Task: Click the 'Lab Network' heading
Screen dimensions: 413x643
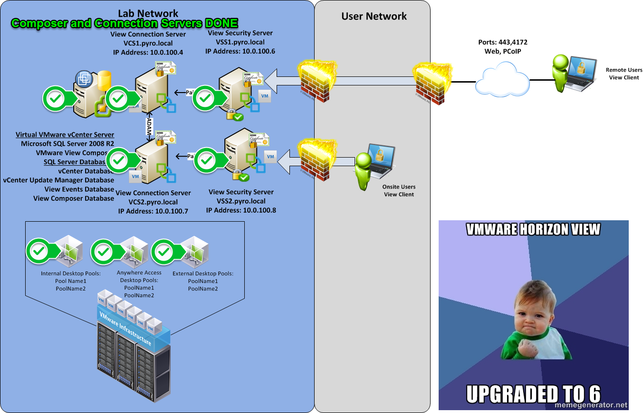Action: (x=148, y=14)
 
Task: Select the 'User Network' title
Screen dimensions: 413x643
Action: (x=374, y=17)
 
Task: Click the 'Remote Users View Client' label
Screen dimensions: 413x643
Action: (x=624, y=74)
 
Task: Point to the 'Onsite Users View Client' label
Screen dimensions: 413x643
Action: (x=399, y=190)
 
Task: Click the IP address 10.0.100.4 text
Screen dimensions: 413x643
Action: (x=148, y=52)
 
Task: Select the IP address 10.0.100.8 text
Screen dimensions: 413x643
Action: (x=240, y=210)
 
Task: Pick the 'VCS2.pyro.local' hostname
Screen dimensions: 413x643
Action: (x=153, y=202)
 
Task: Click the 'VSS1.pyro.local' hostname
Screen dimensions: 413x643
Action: (x=240, y=42)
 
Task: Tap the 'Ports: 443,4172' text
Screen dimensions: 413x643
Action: (x=502, y=42)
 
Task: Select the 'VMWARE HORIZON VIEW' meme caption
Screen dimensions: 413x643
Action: (x=533, y=230)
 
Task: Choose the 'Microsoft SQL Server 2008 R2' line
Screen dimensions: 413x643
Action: (x=67, y=144)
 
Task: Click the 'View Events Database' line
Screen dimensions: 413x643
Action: (x=79, y=189)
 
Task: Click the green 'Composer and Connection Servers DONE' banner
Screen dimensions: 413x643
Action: (x=124, y=23)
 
